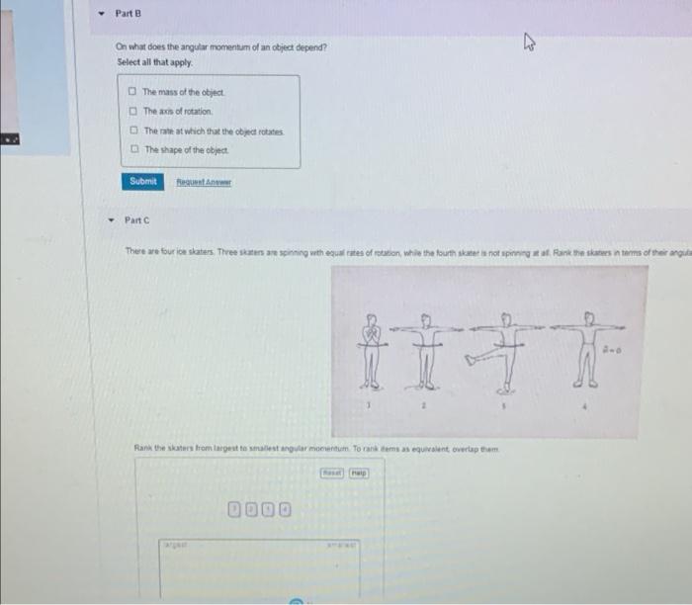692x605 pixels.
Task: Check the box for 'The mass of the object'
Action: [x=132, y=92]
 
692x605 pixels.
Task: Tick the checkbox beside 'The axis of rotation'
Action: [x=132, y=111]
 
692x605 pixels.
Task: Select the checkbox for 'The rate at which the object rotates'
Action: [x=132, y=130]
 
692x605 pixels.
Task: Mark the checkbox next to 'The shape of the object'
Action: [x=132, y=149]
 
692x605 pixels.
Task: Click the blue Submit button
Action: [x=142, y=181]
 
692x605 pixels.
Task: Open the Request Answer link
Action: [x=203, y=182]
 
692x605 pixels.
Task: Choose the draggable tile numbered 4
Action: [x=285, y=509]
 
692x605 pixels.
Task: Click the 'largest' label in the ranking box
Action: [x=175, y=544]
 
